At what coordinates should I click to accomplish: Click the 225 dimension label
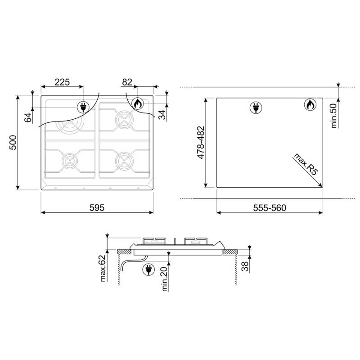62,82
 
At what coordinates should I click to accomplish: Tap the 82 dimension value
127,82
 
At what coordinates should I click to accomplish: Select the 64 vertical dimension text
28,117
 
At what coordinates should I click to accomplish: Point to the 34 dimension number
162,115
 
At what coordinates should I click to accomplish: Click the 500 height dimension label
13,143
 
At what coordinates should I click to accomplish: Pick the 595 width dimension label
97,207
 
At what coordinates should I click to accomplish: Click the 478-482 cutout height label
201,142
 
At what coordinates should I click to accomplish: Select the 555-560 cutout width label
270,208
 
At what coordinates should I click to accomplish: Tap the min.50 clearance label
334,116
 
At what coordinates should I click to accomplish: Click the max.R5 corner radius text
306,164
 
